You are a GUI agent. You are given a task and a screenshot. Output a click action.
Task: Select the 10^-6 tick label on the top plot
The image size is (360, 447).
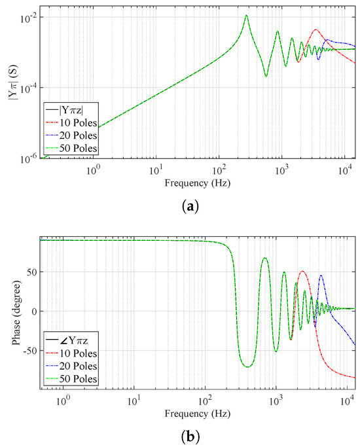29,158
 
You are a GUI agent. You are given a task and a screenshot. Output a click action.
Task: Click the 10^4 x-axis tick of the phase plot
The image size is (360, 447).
346,400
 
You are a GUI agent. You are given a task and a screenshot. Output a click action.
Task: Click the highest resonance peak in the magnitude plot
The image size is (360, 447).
246,16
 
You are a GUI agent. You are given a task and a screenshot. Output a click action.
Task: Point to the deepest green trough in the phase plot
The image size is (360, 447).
248,367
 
